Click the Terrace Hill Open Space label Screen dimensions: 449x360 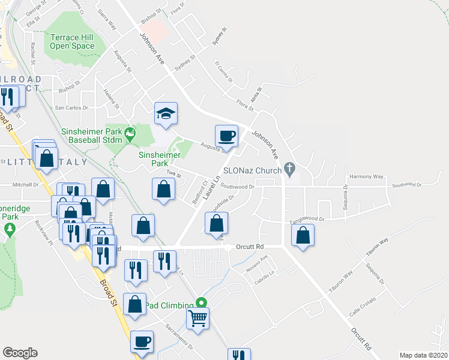(x=72, y=41)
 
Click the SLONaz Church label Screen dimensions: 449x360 (x=252, y=170)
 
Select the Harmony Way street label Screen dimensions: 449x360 (x=366, y=177)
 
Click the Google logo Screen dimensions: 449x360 (x=20, y=353)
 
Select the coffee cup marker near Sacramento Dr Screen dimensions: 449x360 (x=142, y=341)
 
